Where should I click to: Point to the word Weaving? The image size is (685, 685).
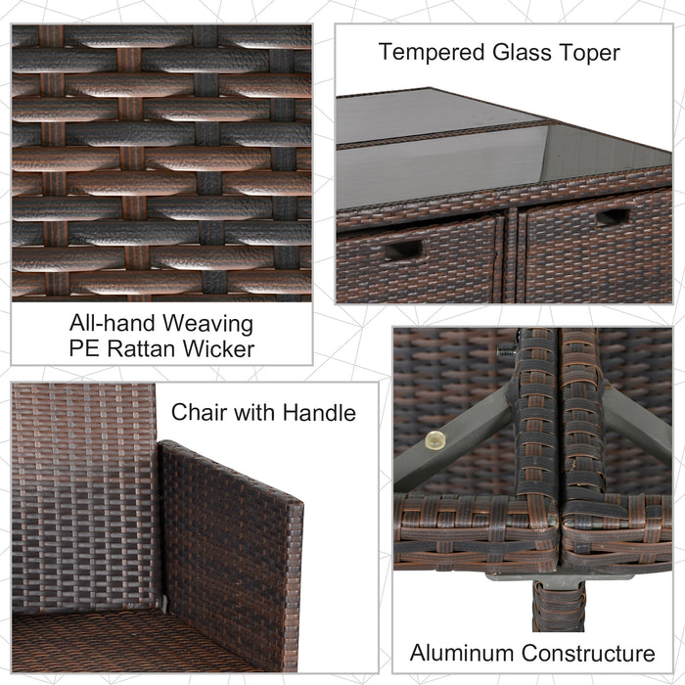(x=207, y=325)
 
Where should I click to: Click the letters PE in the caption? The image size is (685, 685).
(x=84, y=348)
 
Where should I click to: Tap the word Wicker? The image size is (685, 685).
(x=218, y=348)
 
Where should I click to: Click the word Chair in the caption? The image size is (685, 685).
(x=199, y=412)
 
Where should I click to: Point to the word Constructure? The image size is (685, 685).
(x=588, y=653)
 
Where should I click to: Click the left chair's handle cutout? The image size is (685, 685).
(x=403, y=250)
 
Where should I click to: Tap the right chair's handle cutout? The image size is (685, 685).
(x=613, y=216)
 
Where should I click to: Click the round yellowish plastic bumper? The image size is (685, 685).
(x=434, y=440)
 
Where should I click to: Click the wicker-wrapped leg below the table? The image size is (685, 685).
(x=559, y=606)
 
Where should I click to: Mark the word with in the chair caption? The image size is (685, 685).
(x=254, y=412)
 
